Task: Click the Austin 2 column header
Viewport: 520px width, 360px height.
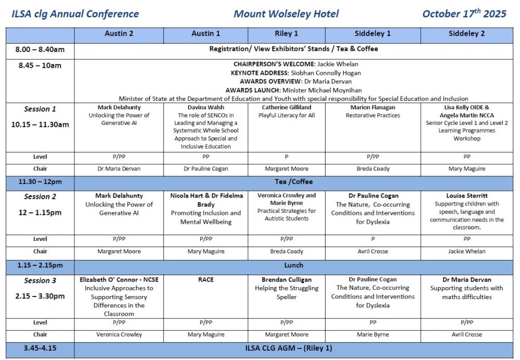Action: (119, 34)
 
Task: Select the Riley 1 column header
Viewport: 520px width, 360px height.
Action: (287, 34)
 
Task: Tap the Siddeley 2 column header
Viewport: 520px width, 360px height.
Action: (466, 34)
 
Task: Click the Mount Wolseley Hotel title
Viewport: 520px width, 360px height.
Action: (286, 14)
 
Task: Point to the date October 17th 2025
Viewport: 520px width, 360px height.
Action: (464, 14)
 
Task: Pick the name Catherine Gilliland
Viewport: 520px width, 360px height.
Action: (287, 108)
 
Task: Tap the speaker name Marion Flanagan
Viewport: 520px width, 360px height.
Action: (373, 108)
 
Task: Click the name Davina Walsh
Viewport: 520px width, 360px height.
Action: (205, 108)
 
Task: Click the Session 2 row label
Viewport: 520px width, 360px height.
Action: (40, 197)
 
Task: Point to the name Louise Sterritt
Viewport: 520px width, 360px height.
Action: (466, 196)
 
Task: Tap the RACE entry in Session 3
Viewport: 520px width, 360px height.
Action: (205, 280)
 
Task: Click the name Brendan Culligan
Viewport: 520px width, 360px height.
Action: (287, 280)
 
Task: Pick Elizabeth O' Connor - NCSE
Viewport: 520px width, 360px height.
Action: (119, 280)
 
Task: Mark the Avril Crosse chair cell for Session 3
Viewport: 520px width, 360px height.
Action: (466, 335)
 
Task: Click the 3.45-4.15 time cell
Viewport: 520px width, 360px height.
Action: (40, 348)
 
